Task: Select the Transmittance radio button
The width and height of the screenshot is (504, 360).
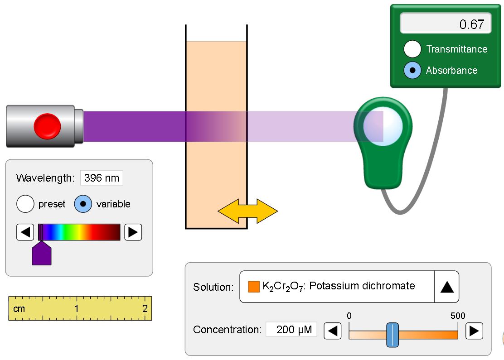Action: (412, 49)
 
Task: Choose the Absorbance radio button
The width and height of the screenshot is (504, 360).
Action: (412, 70)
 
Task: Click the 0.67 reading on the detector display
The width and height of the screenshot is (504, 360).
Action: (471, 24)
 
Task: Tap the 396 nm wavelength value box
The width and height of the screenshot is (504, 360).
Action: (102, 178)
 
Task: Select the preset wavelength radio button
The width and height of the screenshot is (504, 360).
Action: (25, 204)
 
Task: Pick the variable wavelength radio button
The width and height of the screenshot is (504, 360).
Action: (83, 204)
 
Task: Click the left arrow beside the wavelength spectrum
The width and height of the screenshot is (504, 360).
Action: (25, 232)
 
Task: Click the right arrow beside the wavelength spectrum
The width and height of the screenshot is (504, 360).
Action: (133, 232)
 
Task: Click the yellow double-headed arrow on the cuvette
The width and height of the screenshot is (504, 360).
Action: (248, 211)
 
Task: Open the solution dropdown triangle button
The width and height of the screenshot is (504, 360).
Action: (447, 287)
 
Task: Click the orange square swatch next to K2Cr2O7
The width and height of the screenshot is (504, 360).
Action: (254, 287)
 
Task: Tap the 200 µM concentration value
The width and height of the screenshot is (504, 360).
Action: (294, 330)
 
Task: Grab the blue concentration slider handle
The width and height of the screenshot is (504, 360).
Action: (393, 335)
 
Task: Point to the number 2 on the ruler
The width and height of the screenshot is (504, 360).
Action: (145, 309)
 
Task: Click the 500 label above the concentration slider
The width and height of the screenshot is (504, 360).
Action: (458, 316)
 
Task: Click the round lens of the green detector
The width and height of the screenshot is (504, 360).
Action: (383, 126)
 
